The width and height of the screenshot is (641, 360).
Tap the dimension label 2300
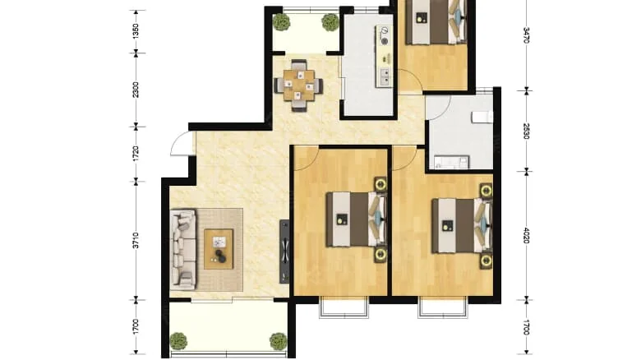(136, 90)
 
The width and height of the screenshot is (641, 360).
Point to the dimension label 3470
(526, 35)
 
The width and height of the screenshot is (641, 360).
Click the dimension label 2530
(526, 130)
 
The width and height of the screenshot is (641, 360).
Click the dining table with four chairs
(297, 84)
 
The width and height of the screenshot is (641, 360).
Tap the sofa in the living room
(182, 248)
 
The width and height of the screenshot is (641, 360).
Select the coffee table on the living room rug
(219, 248)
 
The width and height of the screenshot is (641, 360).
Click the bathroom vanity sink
(449, 161)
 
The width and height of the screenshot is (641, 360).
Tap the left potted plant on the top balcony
(281, 21)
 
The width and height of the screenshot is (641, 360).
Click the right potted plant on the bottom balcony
(278, 340)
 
